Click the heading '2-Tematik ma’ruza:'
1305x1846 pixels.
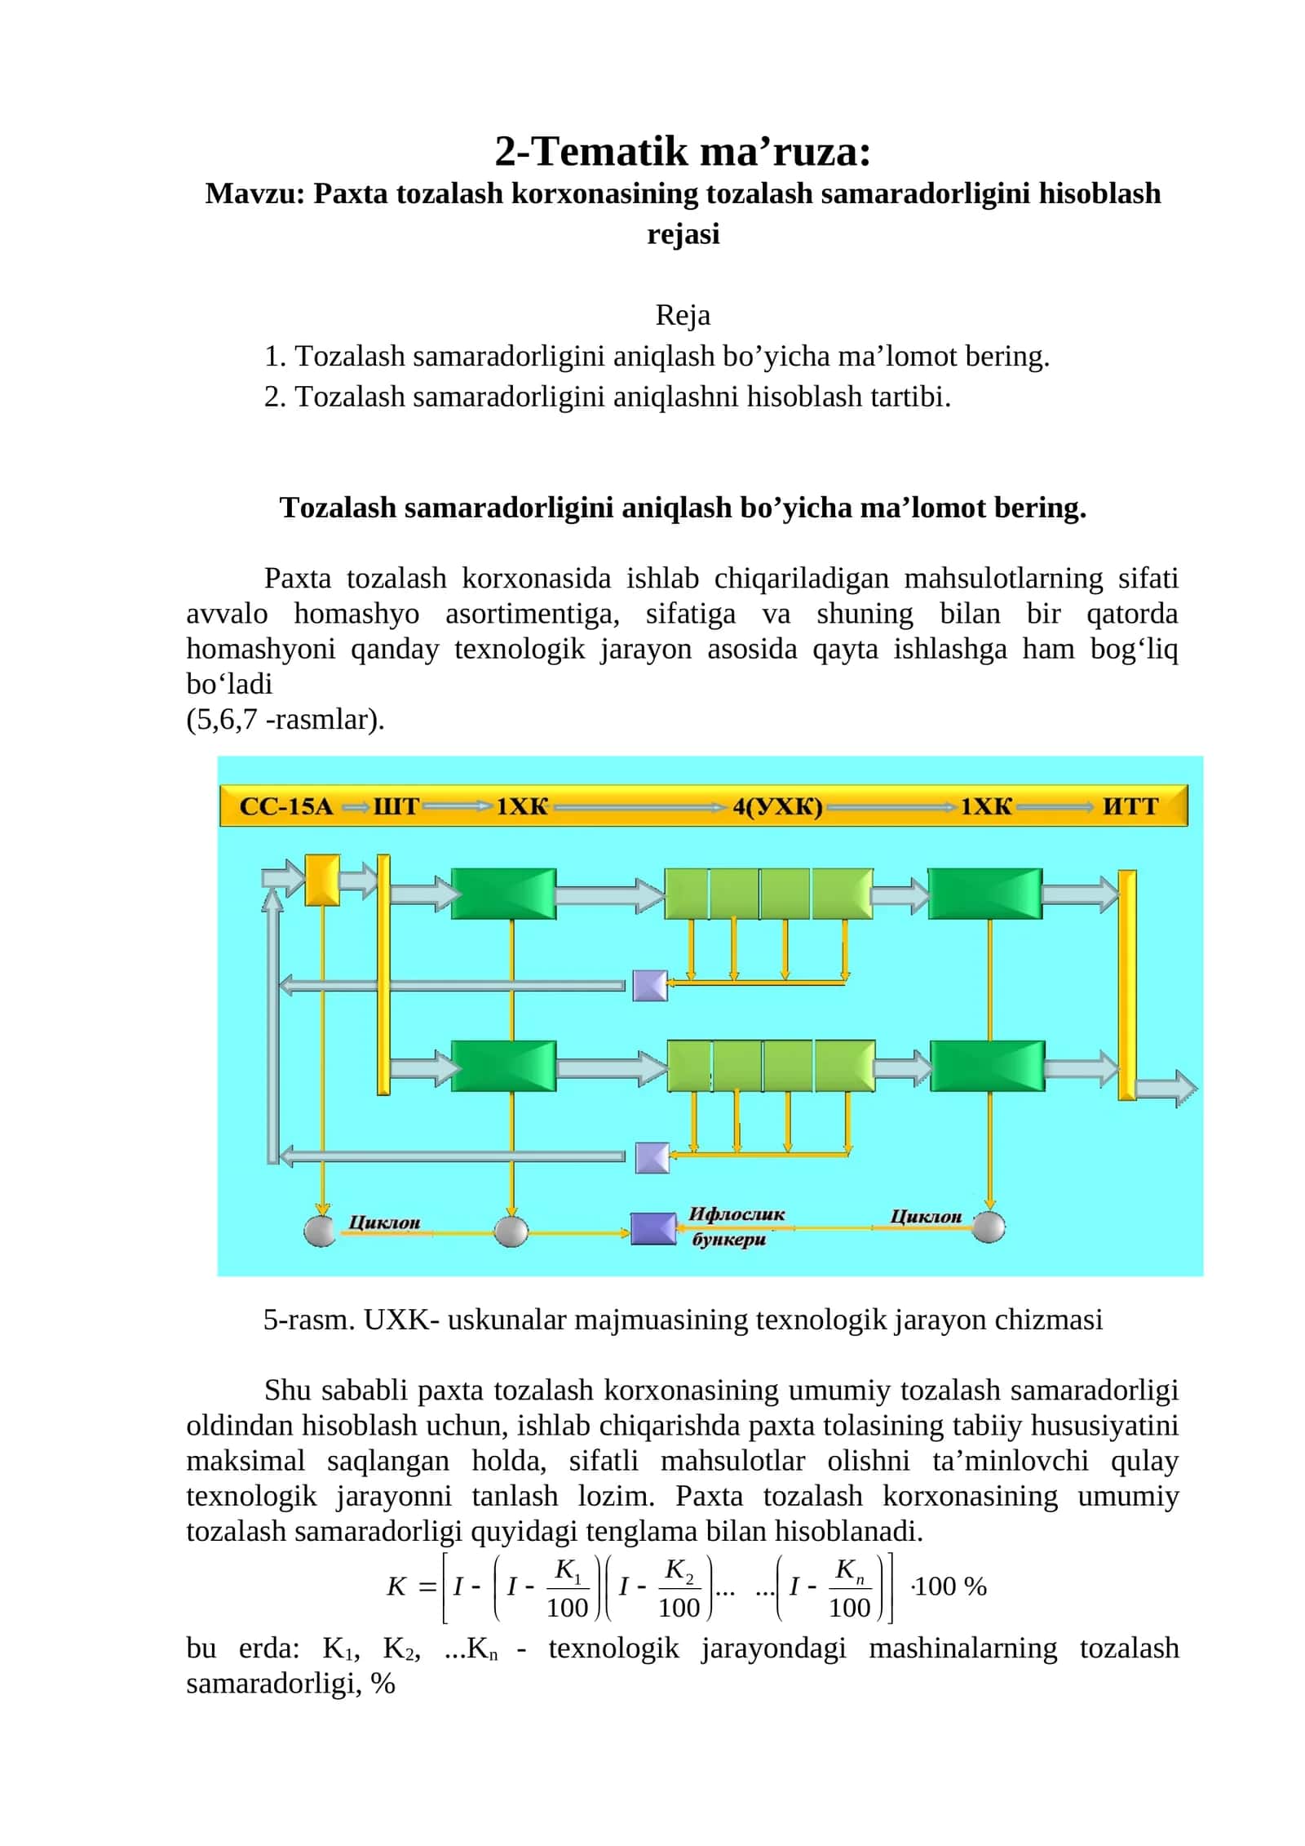683,151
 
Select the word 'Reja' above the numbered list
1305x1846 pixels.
683,315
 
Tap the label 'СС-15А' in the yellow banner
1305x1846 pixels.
286,806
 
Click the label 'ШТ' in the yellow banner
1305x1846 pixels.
396,806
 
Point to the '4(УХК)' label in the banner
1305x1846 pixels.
777,806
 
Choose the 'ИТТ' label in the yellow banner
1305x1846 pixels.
1130,806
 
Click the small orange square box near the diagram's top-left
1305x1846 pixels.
321,880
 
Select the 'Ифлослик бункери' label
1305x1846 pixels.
737,1227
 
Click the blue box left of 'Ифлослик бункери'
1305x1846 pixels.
653,1228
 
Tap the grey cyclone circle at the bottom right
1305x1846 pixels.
989,1227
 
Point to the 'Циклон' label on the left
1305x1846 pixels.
384,1222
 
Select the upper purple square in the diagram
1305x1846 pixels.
650,985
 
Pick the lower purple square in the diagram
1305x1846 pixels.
652,1157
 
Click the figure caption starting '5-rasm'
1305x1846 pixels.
682,1320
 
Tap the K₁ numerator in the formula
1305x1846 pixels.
568,1569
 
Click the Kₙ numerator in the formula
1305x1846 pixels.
849,1569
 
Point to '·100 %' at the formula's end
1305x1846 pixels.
949,1586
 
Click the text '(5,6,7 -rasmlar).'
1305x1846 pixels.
285,719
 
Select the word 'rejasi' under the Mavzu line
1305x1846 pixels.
683,234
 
